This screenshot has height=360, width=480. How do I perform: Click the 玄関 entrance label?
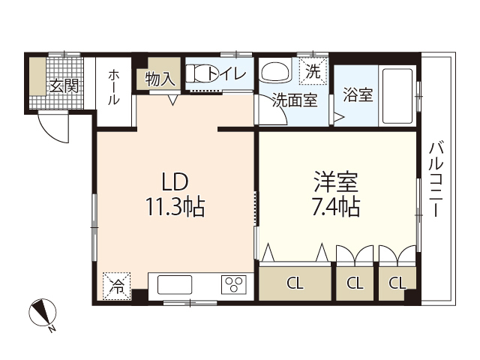pos(64,85)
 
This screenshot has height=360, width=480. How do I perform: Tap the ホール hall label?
pos(115,87)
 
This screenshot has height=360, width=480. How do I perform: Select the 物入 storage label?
pos(160,77)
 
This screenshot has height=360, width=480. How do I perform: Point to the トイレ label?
pos(223,73)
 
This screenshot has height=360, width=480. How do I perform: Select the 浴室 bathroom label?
pos(357,96)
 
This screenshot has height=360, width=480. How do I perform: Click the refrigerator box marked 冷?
pos(117,285)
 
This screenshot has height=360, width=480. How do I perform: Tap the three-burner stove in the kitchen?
pos(232,285)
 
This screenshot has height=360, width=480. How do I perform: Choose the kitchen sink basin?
pos(175,285)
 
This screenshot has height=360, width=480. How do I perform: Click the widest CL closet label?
pos(295,283)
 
